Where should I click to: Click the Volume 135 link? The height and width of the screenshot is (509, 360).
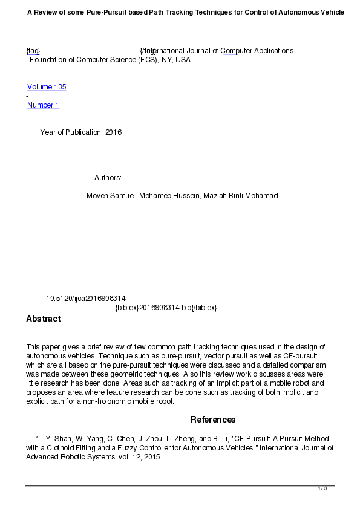pyautogui.click(x=47, y=87)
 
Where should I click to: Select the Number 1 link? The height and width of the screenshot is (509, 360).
pyautogui.click(x=43, y=105)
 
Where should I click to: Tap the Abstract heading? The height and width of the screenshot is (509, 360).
pyautogui.click(x=43, y=319)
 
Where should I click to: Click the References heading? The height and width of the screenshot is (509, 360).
pyautogui.click(x=213, y=420)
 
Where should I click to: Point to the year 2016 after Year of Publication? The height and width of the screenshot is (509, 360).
pyautogui.click(x=113, y=132)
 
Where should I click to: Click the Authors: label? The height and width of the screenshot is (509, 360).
pyautogui.click(x=108, y=178)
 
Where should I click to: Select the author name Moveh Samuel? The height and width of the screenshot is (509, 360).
pyautogui.click(x=111, y=196)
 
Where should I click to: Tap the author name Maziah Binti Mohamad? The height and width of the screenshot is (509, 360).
pyautogui.click(x=240, y=196)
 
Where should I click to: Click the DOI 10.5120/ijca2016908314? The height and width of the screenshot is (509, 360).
pyautogui.click(x=86, y=299)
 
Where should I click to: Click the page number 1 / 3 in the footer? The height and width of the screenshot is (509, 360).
pyautogui.click(x=322, y=488)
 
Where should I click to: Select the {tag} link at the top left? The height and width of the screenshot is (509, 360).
pyautogui.click(x=33, y=51)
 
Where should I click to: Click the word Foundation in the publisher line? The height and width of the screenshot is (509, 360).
pyautogui.click(x=48, y=60)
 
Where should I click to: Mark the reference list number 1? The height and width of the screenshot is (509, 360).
pyautogui.click(x=39, y=438)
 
